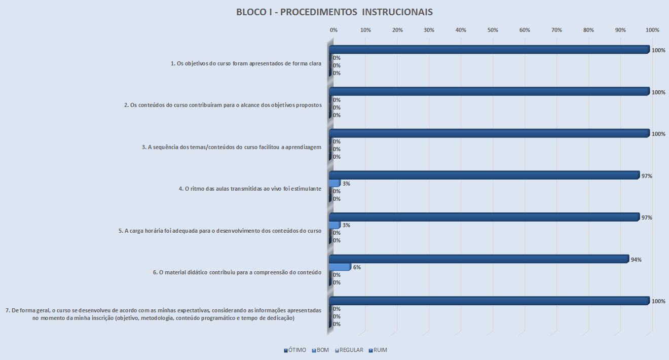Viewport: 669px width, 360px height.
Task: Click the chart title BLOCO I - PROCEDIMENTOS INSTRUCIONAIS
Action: point(334,12)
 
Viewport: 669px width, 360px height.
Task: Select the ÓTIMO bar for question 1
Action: point(489,49)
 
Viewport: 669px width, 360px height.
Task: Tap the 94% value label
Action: point(637,260)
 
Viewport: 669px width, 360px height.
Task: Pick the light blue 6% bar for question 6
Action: point(340,267)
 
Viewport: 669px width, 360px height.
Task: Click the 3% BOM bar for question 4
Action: point(334,183)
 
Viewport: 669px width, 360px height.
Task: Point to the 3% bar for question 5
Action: point(334,225)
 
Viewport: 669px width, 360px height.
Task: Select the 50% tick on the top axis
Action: point(493,30)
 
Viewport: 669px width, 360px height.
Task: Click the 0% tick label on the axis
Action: point(333,30)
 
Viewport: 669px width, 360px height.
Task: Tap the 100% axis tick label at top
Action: point(652,30)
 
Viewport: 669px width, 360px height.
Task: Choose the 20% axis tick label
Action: point(397,30)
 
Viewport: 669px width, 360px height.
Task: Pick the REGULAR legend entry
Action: point(349,350)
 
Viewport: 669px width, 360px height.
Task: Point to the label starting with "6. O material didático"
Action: point(237,272)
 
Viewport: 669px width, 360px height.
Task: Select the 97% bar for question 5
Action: point(484,217)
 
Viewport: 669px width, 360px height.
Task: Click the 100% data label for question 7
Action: point(658,301)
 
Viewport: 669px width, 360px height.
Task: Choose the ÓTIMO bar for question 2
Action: point(489,91)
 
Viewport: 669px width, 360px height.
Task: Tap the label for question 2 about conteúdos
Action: point(223,105)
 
